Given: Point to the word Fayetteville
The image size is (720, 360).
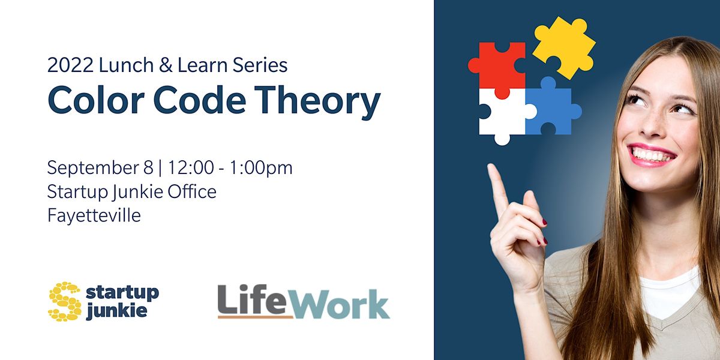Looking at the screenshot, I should point(94,215).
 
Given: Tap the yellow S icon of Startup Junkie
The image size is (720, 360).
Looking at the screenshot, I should point(65,302).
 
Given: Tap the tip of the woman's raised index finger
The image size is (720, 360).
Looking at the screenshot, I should point(493,169).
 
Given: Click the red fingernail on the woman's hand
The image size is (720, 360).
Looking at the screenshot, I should point(544,223).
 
